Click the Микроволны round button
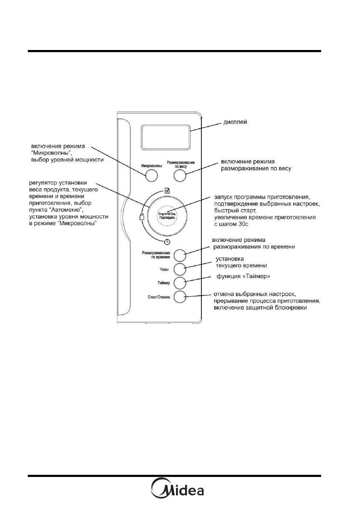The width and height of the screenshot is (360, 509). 150,176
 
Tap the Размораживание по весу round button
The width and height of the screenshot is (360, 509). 180,176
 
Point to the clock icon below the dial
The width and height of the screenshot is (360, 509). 165,242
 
